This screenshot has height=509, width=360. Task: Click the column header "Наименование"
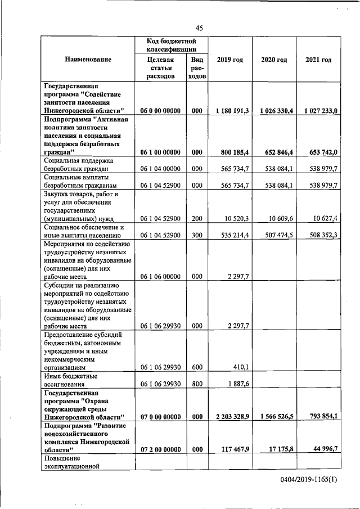pos(87,60)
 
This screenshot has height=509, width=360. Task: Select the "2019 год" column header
pos(229,60)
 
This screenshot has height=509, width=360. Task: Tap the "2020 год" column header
pos(274,60)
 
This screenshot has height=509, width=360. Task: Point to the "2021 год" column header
pos(318,60)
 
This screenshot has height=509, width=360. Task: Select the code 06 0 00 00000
pos(160,111)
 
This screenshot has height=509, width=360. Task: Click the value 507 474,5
pos(276,235)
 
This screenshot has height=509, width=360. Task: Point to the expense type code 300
pos(196,235)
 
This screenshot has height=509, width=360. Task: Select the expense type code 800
pos(196,384)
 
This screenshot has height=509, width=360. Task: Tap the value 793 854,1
pos(319,416)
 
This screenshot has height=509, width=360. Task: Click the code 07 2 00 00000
pos(160,449)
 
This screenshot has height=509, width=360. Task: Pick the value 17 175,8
pos(278,449)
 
